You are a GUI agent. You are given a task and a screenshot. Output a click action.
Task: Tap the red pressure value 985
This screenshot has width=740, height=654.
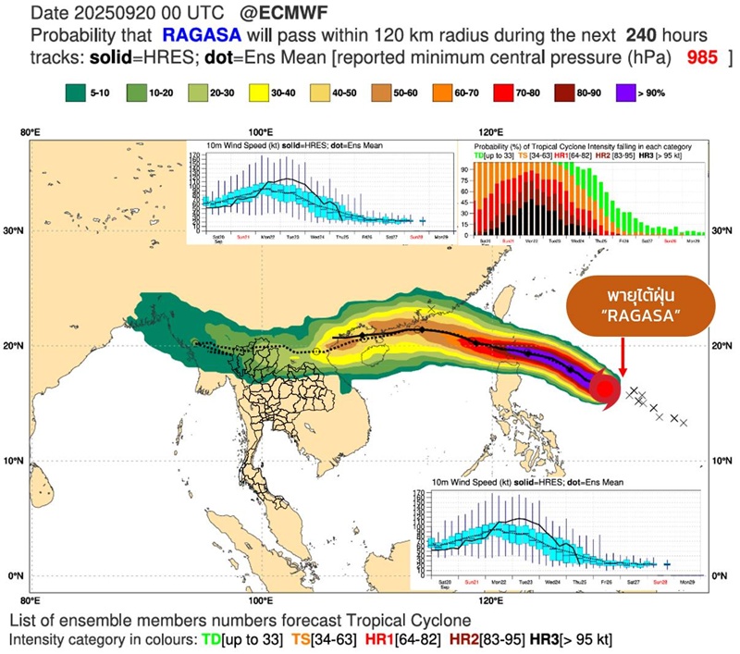point(706,58)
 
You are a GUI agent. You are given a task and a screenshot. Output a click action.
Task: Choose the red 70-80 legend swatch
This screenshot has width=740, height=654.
point(507,93)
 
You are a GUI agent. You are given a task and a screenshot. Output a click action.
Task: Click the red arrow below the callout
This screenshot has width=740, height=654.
point(623,355)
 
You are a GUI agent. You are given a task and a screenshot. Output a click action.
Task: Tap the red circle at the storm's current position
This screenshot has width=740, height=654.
point(604,389)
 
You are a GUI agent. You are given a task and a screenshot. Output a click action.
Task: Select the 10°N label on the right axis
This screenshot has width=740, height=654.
point(727,461)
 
